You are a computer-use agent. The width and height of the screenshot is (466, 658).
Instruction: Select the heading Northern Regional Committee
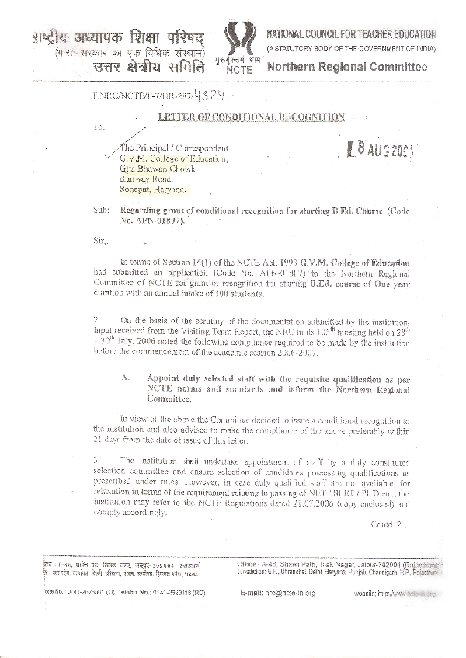[x=346, y=67]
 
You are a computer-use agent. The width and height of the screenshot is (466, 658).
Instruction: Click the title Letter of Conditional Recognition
[x=252, y=117]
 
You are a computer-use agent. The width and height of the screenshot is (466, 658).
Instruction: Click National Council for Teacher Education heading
[x=351, y=35]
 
